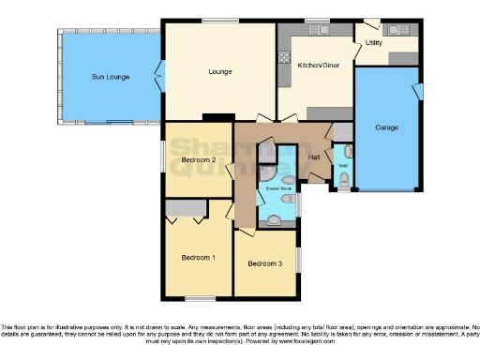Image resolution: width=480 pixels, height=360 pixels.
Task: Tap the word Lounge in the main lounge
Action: pos(219,71)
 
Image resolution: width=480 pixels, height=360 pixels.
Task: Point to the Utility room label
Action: pos(374,43)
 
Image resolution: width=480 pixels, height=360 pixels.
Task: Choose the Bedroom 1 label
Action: pos(198,257)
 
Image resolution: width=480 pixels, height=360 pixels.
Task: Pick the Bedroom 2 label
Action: pos(199,160)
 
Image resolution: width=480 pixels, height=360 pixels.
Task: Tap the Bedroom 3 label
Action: pos(264,263)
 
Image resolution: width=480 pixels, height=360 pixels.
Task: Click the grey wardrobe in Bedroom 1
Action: pos(185,206)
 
